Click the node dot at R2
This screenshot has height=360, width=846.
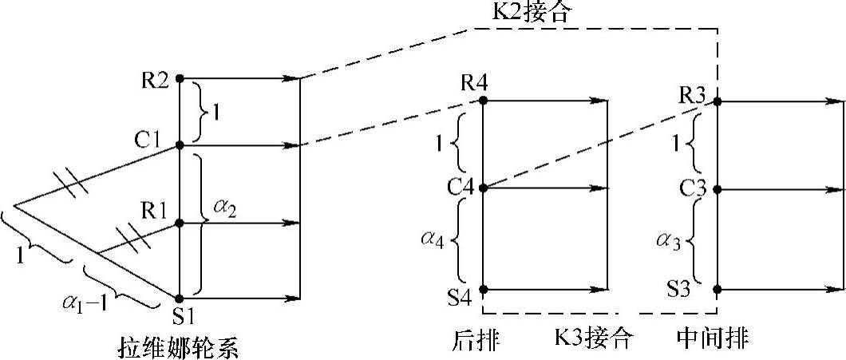point(180,78)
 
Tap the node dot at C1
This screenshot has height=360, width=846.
point(180,145)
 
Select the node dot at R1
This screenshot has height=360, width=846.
point(180,224)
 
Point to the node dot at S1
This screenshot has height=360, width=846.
point(180,298)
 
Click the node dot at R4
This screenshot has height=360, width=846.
point(484,101)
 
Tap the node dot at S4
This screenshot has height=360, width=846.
point(484,289)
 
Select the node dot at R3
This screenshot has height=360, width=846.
point(718,101)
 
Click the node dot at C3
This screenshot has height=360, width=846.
point(718,190)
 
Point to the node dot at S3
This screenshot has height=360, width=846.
point(718,289)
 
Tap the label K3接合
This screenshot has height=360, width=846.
point(594,340)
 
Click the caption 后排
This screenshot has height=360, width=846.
point(474,340)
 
